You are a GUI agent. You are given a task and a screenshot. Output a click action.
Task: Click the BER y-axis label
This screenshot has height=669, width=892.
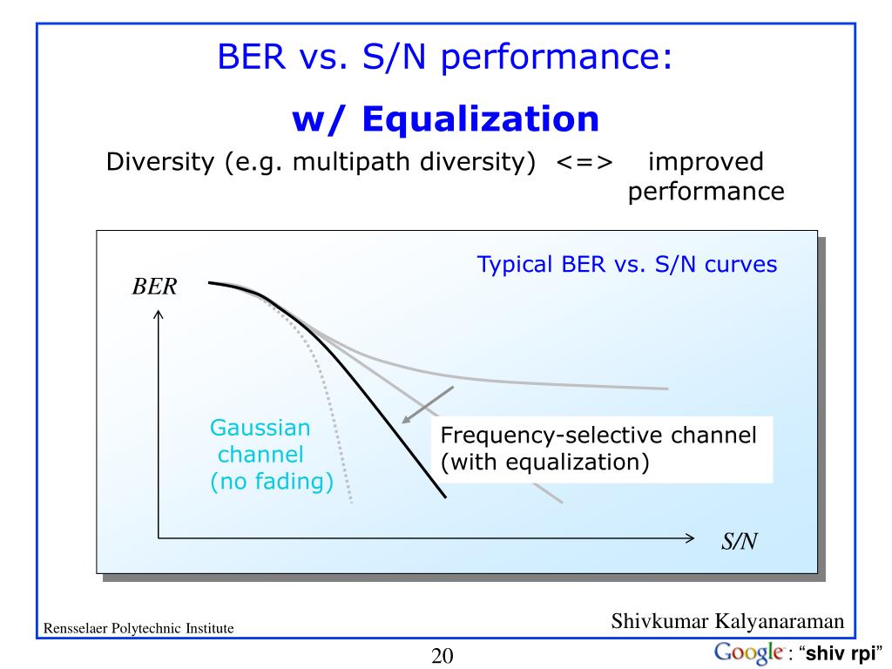[154, 287]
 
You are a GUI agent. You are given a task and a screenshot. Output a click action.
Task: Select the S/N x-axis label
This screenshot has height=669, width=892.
[739, 542]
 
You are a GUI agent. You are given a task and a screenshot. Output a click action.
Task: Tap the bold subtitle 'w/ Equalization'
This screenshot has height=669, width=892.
[445, 119]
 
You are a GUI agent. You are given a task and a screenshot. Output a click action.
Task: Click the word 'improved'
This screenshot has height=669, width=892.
[706, 163]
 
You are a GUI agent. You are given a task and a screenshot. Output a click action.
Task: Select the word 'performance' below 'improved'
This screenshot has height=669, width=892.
[706, 192]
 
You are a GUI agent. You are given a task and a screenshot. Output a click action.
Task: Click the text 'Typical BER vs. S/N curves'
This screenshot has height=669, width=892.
[626, 265]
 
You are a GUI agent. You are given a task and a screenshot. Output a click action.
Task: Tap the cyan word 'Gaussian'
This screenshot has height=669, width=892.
[260, 428]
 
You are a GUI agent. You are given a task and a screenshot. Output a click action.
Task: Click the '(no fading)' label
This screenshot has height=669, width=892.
[272, 483]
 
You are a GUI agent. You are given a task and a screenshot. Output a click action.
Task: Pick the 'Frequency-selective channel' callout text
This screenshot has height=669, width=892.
[598, 436]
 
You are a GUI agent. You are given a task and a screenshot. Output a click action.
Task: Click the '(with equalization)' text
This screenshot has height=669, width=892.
[545, 463]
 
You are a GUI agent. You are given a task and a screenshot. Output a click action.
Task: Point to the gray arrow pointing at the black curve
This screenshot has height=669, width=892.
[427, 404]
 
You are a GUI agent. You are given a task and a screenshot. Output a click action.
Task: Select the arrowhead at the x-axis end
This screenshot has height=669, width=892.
[691, 537]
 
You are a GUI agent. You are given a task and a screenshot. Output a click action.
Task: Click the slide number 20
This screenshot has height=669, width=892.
[443, 656]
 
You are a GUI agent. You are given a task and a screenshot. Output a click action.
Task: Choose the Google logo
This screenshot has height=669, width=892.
[747, 652]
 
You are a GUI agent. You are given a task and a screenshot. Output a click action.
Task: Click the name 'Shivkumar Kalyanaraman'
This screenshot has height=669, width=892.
[727, 621]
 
